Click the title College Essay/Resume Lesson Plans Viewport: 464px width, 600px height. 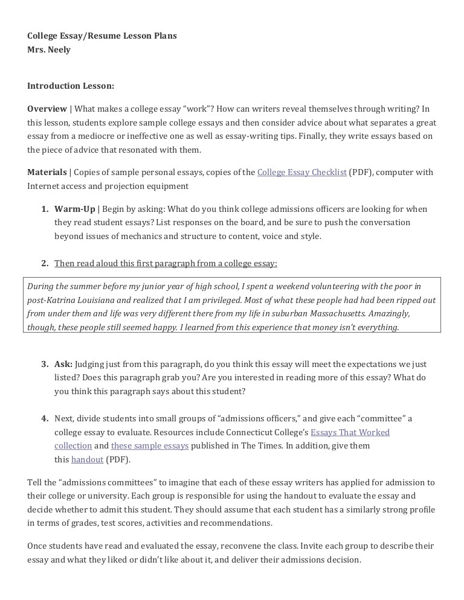point(102,36)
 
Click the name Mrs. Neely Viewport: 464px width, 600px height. point(49,49)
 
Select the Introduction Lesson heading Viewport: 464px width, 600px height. point(71,86)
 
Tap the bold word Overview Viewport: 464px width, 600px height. point(47,109)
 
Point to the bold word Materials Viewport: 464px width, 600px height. point(47,172)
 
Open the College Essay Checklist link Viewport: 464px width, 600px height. point(301,172)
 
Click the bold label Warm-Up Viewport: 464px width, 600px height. point(75,209)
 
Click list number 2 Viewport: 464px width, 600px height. point(45,263)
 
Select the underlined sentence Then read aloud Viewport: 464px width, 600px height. point(166,263)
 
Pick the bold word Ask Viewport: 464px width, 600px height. point(63,364)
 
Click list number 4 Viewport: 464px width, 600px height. point(45,418)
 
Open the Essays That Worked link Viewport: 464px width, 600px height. point(350,432)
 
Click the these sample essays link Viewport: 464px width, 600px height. point(150,445)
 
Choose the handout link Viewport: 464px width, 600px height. point(87,459)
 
